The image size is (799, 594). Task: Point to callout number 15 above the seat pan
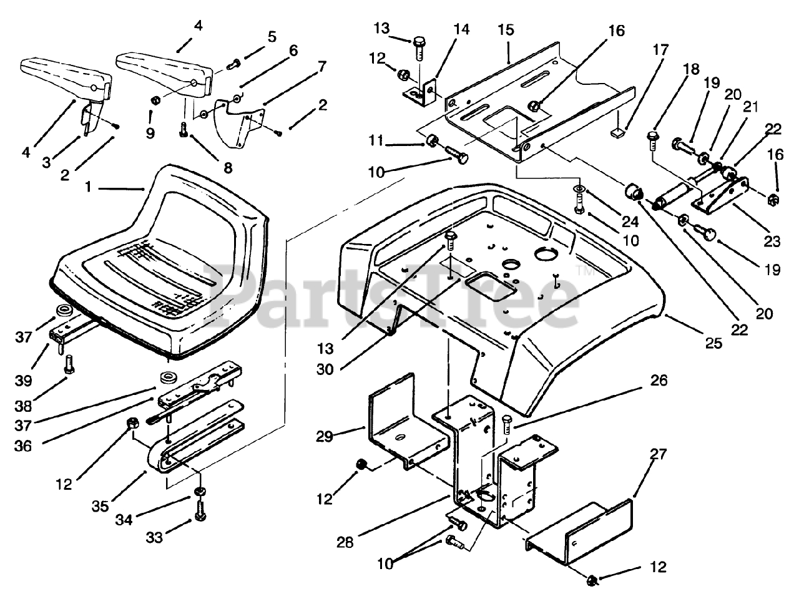click(506, 29)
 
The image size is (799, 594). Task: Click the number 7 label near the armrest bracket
click(322, 66)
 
